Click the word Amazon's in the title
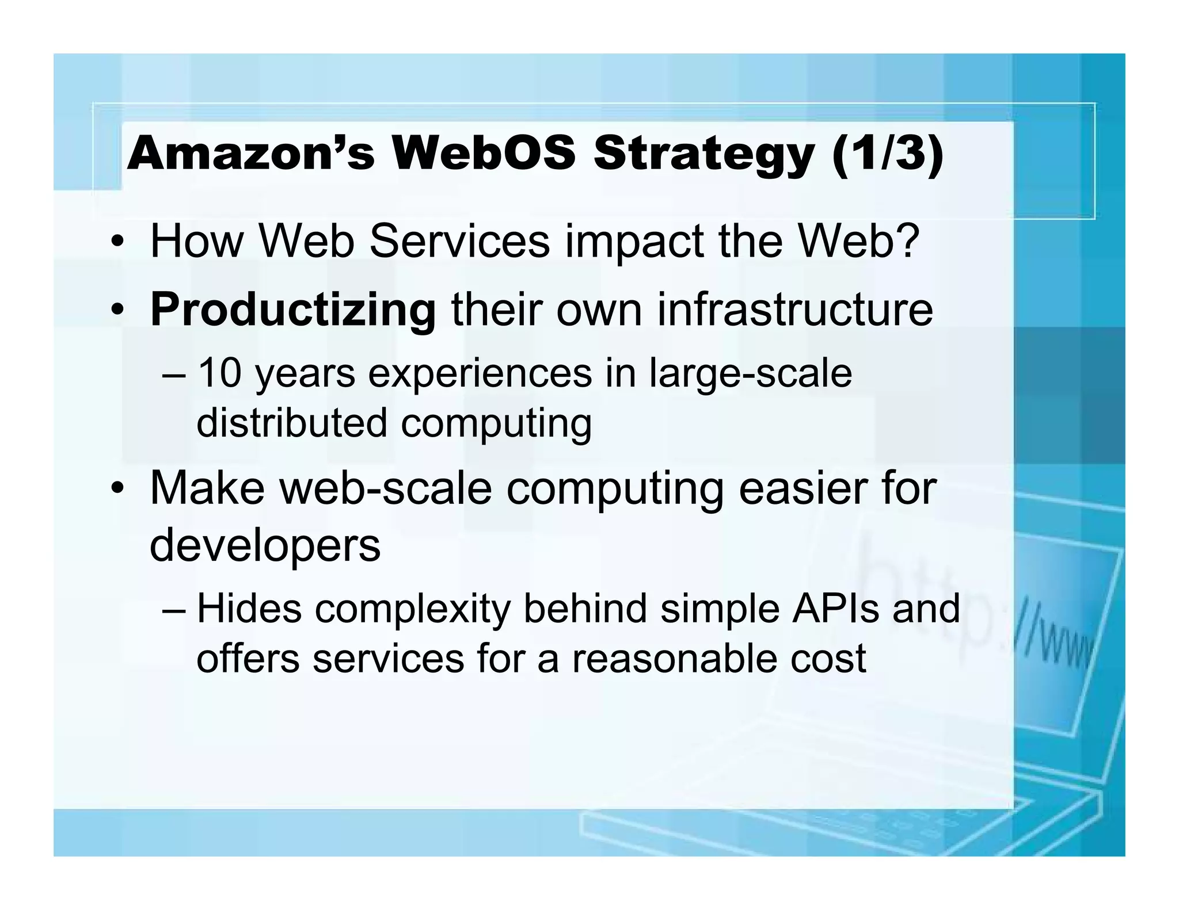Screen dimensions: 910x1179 click(250, 154)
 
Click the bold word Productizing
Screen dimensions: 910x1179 click(292, 310)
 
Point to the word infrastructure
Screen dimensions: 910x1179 click(794, 310)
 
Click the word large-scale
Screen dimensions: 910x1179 click(750, 374)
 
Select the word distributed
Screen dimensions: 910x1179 click(292, 423)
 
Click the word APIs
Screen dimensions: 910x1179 click(835, 609)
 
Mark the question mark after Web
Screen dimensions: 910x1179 click(906, 241)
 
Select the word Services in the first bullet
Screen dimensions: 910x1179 click(459, 241)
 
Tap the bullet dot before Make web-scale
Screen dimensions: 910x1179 click(117, 490)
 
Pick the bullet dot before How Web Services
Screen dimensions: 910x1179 click(117, 242)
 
